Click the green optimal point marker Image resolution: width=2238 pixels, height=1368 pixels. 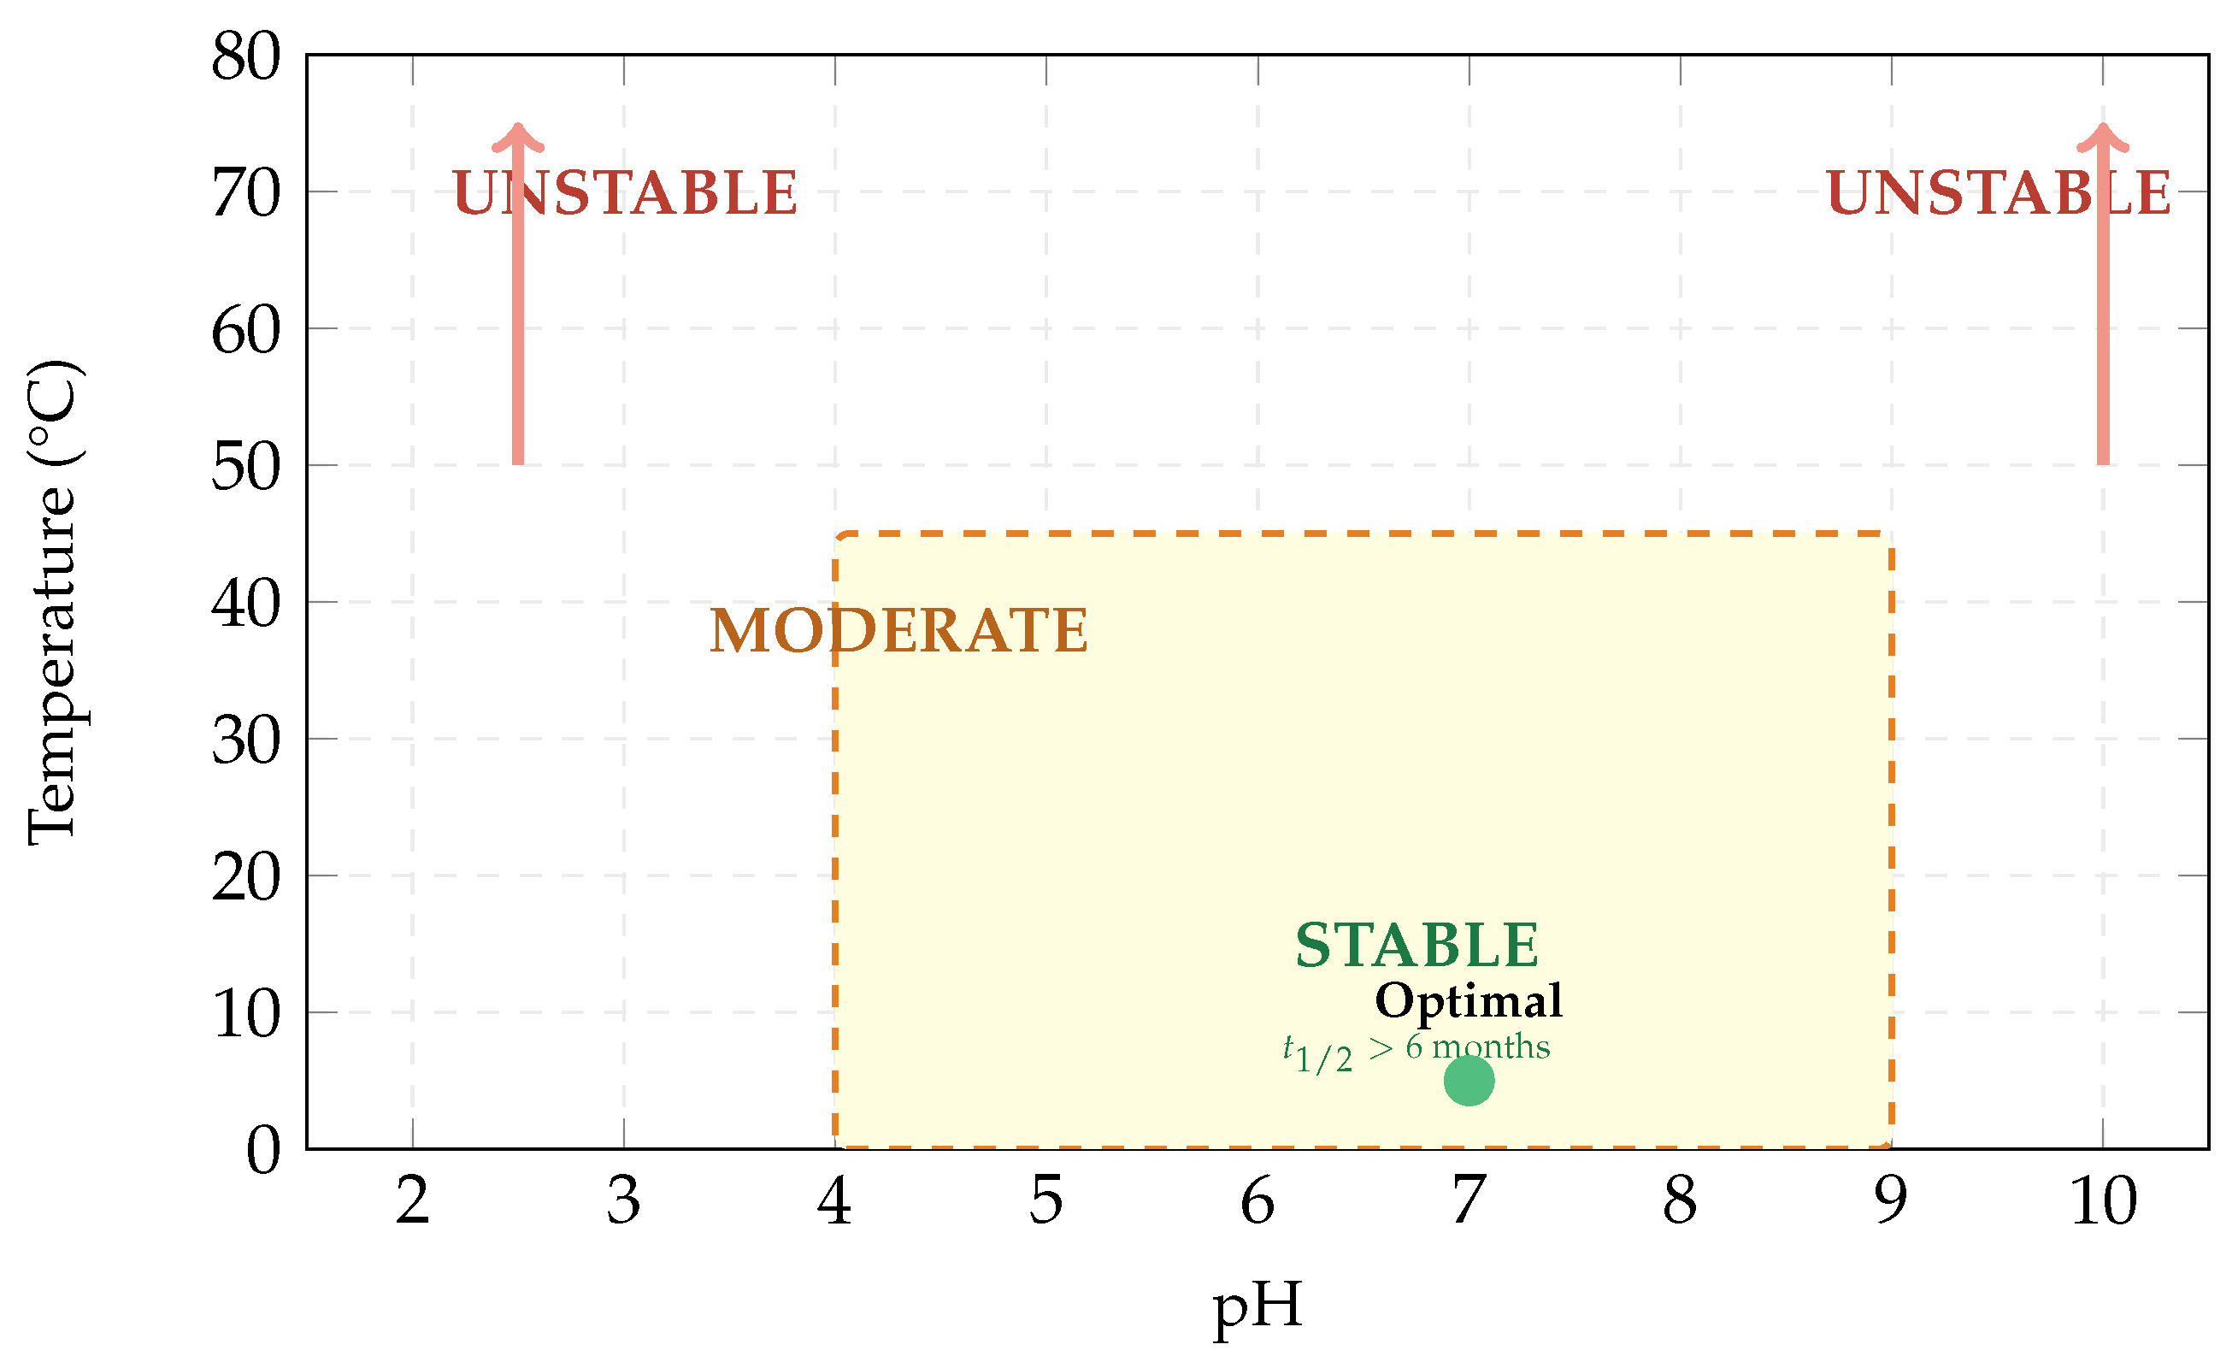click(1469, 1080)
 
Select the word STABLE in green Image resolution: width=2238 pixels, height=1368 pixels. click(1417, 946)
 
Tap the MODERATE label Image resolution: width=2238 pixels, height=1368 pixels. click(898, 630)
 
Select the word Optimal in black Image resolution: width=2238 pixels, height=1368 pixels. click(1469, 1001)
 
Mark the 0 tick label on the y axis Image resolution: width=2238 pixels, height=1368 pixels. click(263, 1150)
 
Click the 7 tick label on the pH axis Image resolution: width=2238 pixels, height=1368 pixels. click(1469, 1201)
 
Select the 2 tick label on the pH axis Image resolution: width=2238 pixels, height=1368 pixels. click(412, 1201)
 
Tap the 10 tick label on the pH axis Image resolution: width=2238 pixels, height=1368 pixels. click(2104, 1201)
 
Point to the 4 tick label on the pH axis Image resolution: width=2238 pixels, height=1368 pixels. click(834, 1201)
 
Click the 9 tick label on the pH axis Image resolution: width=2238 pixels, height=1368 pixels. click(1891, 1201)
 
